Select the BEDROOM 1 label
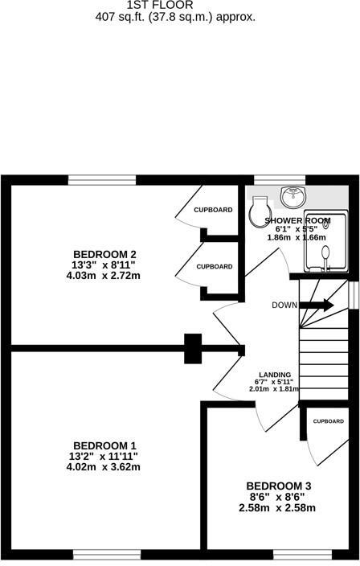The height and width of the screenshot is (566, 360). point(104,445)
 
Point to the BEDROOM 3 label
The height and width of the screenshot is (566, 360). point(278,486)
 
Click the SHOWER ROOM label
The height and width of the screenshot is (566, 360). point(298,219)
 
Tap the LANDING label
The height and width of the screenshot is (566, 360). point(273,372)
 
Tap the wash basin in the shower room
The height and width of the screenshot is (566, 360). point(292,195)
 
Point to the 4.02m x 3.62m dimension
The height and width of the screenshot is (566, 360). point(104,467)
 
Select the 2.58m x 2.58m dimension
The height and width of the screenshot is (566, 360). point(277,507)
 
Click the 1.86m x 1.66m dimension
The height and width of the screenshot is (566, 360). point(297,238)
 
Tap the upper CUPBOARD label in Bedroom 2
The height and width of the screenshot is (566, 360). point(213,210)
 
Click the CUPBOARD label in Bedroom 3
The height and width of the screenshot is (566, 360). point(328,421)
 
